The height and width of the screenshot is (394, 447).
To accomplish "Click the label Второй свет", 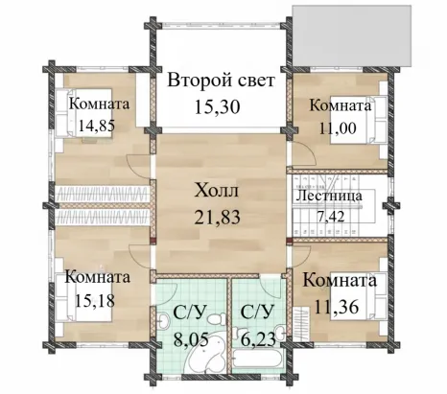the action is coord(221,81).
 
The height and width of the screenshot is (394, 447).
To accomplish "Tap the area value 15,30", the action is coord(217,107).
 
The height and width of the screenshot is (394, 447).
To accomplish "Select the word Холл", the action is coord(217,191).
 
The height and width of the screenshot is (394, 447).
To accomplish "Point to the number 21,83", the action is coord(218,218).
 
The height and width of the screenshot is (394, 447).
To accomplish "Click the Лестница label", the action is coord(329,196).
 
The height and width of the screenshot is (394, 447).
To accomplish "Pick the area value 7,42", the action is coord(331,217).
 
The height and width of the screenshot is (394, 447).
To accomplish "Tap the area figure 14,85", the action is coord(97,126).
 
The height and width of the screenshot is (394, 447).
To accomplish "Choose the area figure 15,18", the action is coord(95,300).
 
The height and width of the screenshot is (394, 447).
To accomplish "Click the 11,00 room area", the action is coord(338,128).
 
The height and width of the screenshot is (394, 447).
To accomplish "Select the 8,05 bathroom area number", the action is coord(191,339).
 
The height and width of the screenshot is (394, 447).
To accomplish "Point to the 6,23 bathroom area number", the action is coord(258,339).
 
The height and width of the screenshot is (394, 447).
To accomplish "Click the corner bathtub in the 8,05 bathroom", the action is coord(206,355).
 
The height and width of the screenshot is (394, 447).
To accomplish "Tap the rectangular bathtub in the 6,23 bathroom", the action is coord(258,359).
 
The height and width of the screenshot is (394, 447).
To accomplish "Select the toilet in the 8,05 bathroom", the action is coord(216,319).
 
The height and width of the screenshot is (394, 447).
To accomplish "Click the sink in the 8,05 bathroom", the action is coord(164,321).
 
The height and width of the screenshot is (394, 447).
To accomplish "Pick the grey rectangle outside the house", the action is coord(352,35).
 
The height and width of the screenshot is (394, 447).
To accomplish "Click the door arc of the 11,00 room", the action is coord(306,151).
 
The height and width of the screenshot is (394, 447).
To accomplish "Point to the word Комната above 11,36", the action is coord(340,281).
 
